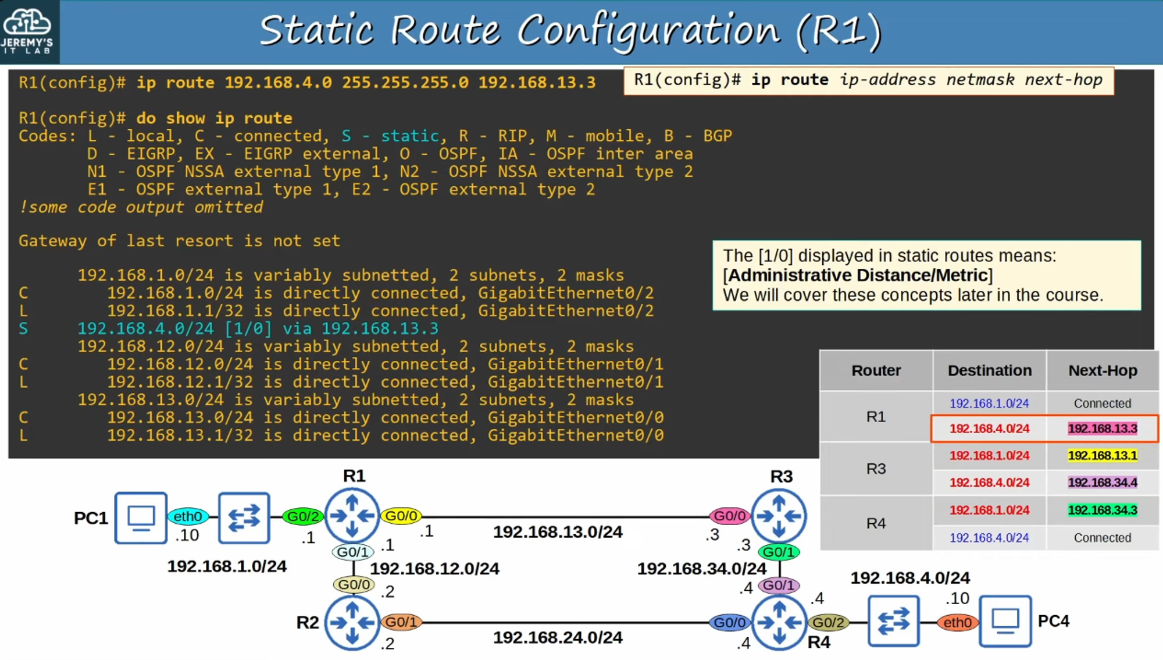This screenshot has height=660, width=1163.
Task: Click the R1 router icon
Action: [352, 516]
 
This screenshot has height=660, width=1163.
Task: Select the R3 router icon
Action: [779, 516]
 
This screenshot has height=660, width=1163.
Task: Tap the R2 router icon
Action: [352, 623]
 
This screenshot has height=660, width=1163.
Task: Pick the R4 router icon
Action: [779, 623]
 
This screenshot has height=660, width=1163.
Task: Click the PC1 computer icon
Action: [141, 517]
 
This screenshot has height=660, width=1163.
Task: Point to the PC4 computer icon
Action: [1005, 621]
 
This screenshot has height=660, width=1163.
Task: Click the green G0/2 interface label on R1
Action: [303, 516]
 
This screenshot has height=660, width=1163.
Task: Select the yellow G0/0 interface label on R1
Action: [401, 516]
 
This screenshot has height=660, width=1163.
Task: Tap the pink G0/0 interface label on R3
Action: [730, 516]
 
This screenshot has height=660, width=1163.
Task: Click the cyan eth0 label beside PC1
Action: [188, 516]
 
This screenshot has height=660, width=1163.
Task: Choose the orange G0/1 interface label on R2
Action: [401, 622]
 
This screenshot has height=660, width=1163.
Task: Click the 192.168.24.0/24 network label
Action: [558, 638]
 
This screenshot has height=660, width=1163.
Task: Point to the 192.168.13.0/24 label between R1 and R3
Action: [558, 532]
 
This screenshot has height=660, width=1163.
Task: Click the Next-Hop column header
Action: [1103, 371]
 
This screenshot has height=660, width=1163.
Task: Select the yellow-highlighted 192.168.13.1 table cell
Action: [1103, 456]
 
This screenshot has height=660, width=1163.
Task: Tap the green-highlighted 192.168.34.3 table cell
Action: [1103, 510]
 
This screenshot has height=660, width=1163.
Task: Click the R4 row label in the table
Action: [876, 523]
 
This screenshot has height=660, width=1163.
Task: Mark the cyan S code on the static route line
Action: [23, 329]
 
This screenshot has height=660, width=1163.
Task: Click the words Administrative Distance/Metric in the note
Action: [858, 275]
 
